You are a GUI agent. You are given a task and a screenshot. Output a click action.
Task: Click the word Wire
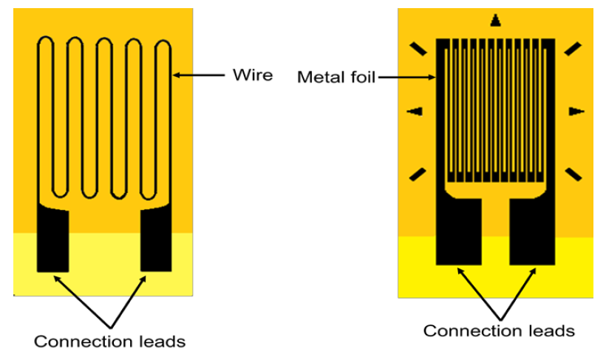pyautogui.click(x=253, y=75)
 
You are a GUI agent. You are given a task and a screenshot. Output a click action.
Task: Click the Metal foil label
pyautogui.click(x=336, y=77)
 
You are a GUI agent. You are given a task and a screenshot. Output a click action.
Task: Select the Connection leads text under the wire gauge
pyautogui.click(x=109, y=342)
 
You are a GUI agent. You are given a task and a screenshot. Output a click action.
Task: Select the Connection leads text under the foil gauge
pyautogui.click(x=499, y=330)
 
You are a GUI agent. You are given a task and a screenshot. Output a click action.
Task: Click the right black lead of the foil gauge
pyautogui.click(x=533, y=231)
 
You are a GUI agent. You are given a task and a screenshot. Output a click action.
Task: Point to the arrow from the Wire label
pyautogui.click(x=200, y=75)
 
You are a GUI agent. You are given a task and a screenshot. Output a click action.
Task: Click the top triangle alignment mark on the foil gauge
pyautogui.click(x=495, y=21)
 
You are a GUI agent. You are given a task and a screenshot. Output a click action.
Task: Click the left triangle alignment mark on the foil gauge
pyautogui.click(x=415, y=112)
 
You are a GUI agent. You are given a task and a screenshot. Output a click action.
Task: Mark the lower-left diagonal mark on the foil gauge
pyautogui.click(x=418, y=174)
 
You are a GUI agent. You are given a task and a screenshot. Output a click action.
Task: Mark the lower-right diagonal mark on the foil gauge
pyautogui.click(x=572, y=174)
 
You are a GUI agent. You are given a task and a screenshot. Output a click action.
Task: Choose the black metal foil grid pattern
pyautogui.click(x=495, y=111)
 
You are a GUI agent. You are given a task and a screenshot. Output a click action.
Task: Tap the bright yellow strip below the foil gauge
pyautogui.click(x=495, y=277)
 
